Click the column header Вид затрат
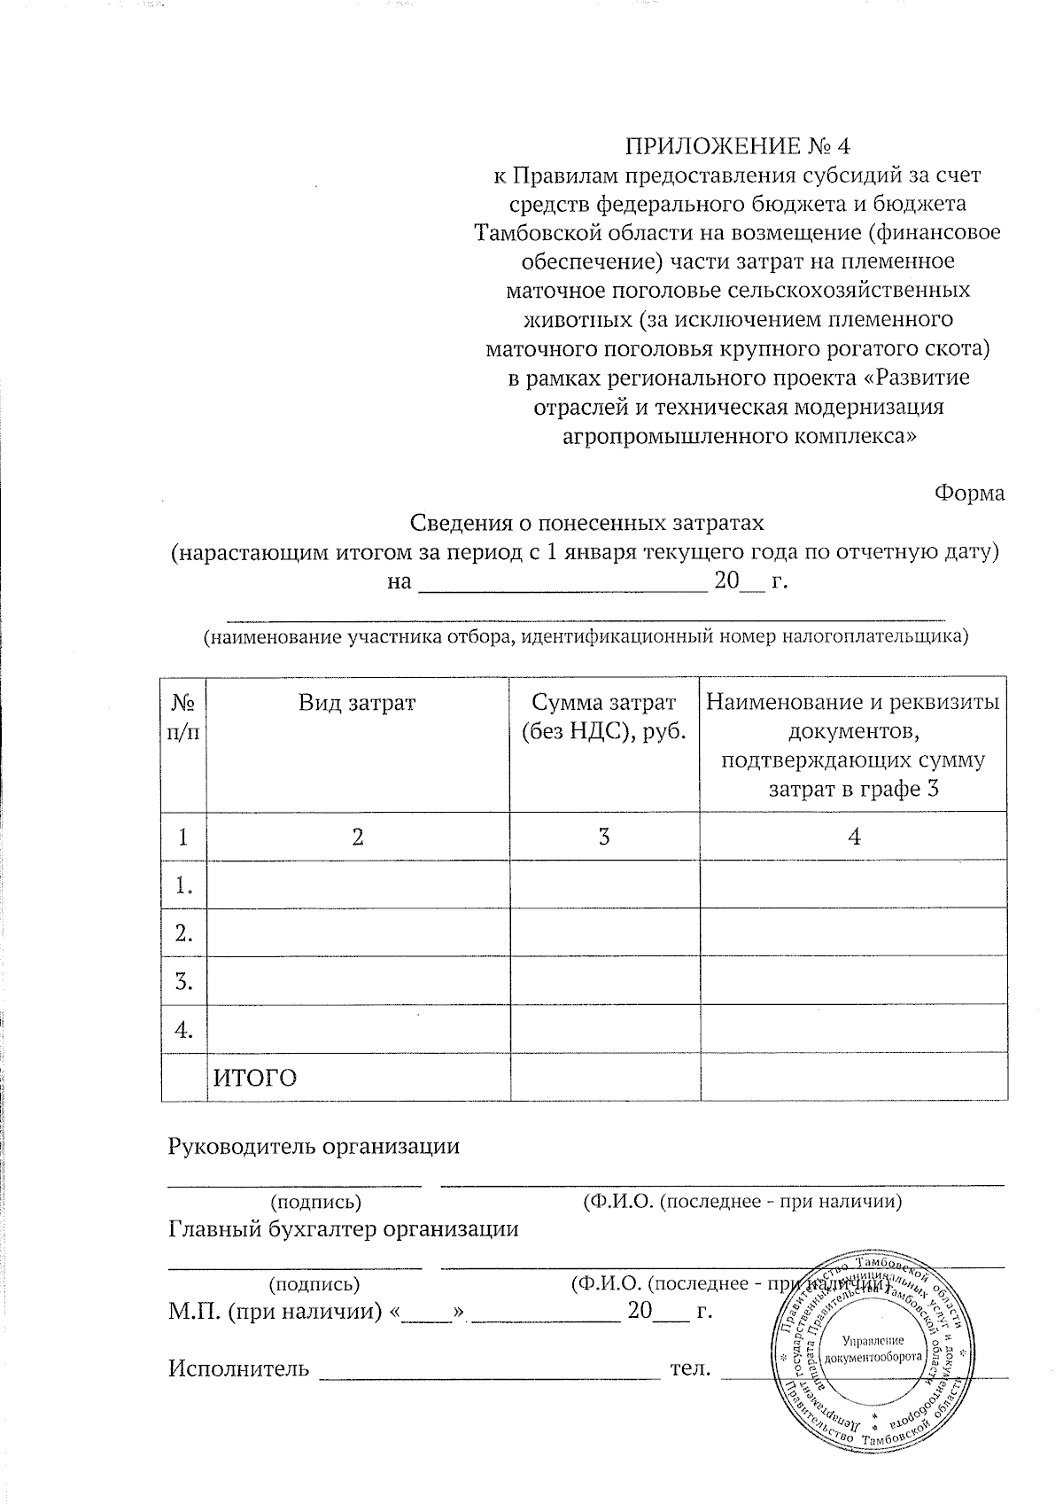click(x=357, y=704)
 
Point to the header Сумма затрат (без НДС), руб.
click(x=604, y=717)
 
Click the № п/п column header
click(x=183, y=717)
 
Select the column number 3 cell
click(x=604, y=837)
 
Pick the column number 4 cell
click(x=853, y=837)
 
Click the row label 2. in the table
click(x=183, y=932)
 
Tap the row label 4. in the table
click(x=183, y=1029)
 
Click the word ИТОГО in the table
click(x=255, y=1078)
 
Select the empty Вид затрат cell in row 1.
click(x=357, y=884)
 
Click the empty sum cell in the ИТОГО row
click(x=604, y=1078)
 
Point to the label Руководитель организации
click(x=314, y=1146)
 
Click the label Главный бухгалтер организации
click(x=343, y=1229)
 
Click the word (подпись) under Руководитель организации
click(x=314, y=1202)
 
